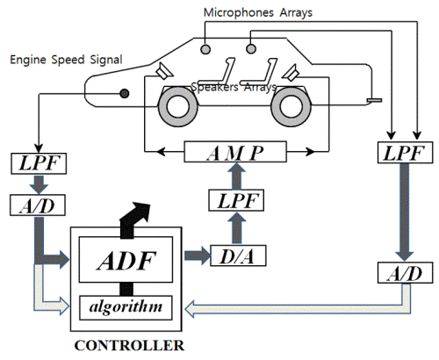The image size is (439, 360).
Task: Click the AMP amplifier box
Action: pos(235,152)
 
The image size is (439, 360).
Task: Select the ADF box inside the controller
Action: pos(126,259)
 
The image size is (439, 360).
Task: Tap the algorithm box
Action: pos(126,307)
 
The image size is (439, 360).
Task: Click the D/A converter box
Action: pos(238,256)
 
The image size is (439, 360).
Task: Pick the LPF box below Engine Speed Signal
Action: pos(39,163)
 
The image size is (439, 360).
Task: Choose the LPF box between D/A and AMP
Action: pos(236,200)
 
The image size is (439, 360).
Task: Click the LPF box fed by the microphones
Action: pos(405,153)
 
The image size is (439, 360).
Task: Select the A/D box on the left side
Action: pos(38,205)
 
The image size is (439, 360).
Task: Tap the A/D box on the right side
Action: pos(405,273)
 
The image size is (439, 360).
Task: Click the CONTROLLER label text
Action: pos(129,346)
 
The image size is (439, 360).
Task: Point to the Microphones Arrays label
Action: pos(258,12)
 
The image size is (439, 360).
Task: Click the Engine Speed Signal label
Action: pos(66,60)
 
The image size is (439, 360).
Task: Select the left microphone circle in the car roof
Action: pos(205,49)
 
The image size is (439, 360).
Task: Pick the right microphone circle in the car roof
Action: pos(251,48)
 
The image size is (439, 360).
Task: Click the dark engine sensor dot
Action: pos(125,93)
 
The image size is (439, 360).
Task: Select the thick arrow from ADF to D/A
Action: pos(198,256)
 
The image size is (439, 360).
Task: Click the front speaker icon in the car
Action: pos(163,71)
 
